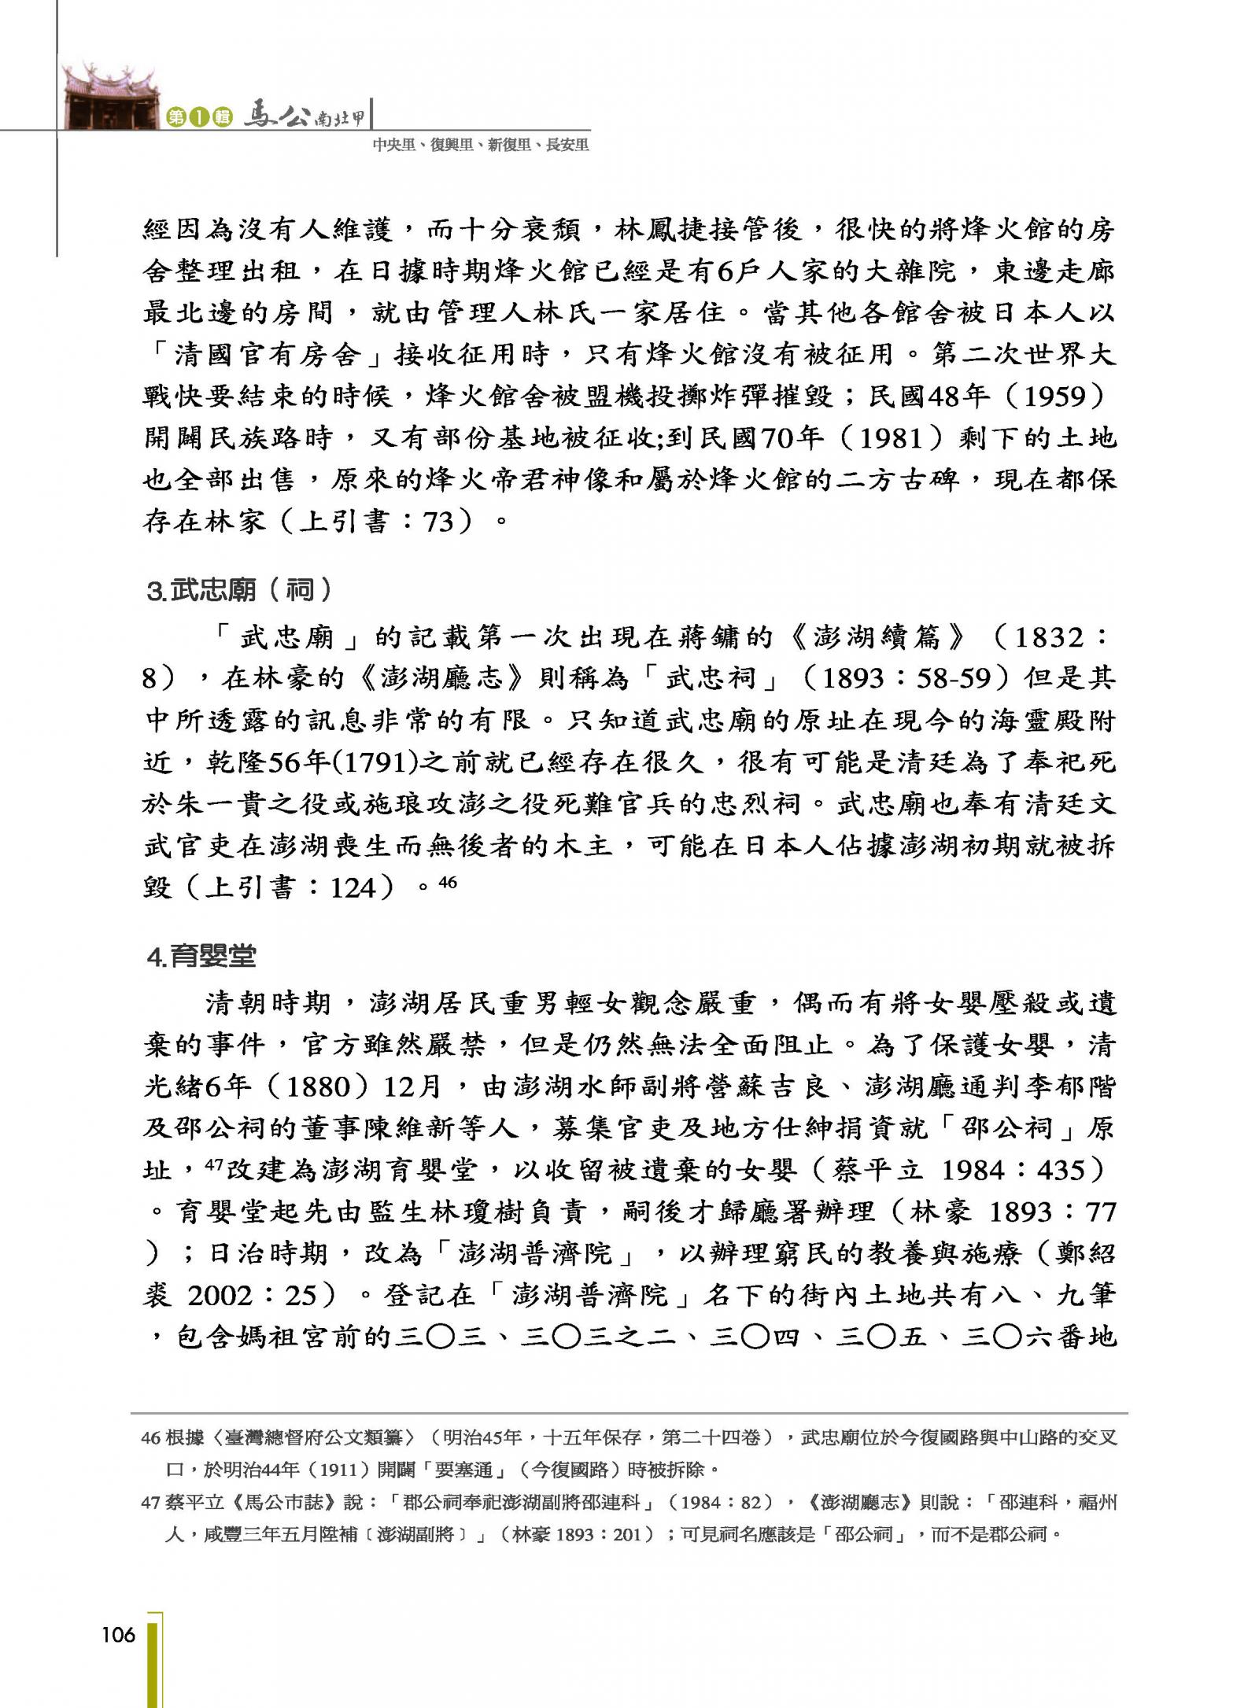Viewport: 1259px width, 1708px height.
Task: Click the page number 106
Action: pyautogui.click(x=118, y=1636)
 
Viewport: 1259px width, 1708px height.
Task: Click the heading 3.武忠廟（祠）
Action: pyautogui.click(x=240, y=589)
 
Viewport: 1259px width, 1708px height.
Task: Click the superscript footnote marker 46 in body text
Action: pyautogui.click(x=447, y=882)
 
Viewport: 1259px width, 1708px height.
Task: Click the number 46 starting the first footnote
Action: pyautogui.click(x=150, y=1438)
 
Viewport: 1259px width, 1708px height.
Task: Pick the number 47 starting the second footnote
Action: pyautogui.click(x=150, y=1502)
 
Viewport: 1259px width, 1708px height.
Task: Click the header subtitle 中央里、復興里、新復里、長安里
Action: pyautogui.click(x=481, y=145)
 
